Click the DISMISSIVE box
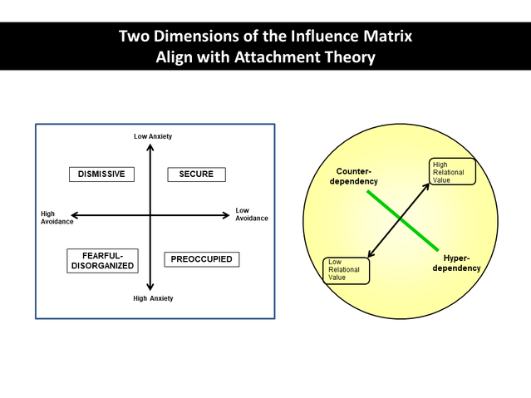coord(101,174)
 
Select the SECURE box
coord(196,174)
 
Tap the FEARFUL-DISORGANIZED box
coord(101,260)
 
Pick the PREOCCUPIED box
coord(203,259)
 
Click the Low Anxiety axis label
coord(152,136)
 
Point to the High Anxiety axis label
coord(152,297)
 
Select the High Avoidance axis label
coord(54,217)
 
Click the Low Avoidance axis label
coord(252,214)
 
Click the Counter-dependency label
coord(357,176)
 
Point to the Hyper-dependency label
coord(457,263)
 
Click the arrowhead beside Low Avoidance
coord(225,215)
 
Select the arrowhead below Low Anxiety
coord(150,148)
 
